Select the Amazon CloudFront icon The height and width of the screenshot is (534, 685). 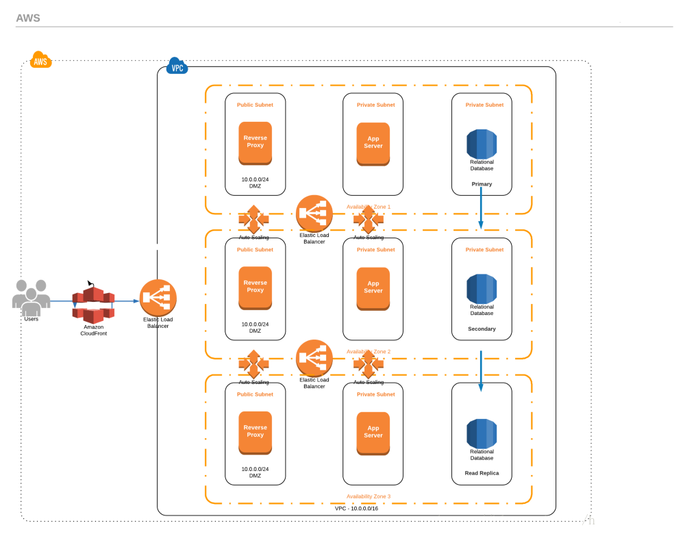pos(92,304)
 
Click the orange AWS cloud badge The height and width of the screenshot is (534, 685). pos(40,60)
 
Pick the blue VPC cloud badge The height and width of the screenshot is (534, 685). pos(177,67)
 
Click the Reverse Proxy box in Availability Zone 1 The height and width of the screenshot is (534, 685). pos(255,142)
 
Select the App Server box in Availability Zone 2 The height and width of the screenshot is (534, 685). pos(373,288)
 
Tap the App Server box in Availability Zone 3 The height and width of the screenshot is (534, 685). pos(373,433)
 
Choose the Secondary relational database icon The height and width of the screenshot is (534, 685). pos(482,288)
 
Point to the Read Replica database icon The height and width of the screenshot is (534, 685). pos(482,433)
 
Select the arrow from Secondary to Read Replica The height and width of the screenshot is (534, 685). pos(481,371)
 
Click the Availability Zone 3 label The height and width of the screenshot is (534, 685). pos(369,496)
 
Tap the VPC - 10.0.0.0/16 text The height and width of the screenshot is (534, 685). pos(356,509)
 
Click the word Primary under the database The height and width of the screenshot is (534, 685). pos(482,184)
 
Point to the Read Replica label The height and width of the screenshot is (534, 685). pos(482,473)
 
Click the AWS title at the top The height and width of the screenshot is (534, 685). pos(28,18)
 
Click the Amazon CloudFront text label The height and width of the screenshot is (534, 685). pos(93,330)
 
